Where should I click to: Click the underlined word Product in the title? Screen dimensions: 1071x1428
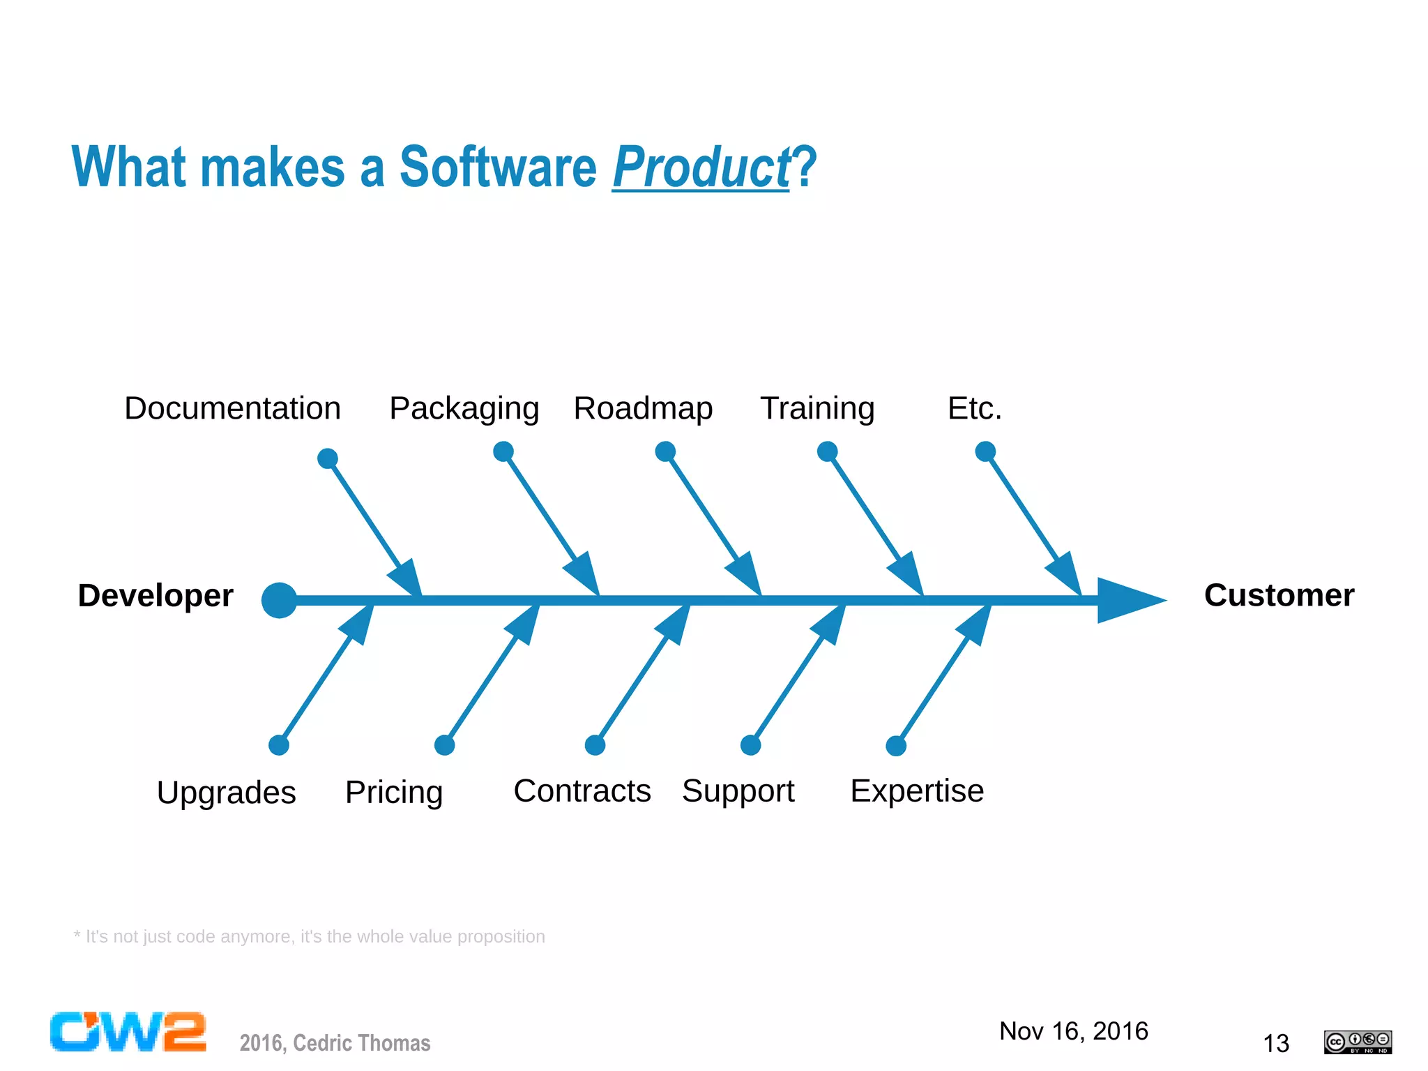point(701,167)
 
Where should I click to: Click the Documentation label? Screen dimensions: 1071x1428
point(232,408)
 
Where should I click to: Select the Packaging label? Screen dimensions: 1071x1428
point(464,409)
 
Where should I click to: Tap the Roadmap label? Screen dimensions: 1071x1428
point(643,408)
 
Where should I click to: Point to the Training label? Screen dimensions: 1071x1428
point(817,409)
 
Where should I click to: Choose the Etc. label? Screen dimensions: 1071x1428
point(974,408)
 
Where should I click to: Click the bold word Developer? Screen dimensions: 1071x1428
point(155,596)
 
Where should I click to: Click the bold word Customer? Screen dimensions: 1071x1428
point(1279,595)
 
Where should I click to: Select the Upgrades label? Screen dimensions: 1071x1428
point(227,793)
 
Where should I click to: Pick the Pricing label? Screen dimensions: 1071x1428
point(394,793)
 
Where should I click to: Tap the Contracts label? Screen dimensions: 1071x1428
point(582,791)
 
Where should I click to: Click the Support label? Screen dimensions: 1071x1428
point(738,791)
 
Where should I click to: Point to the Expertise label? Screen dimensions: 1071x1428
point(917,791)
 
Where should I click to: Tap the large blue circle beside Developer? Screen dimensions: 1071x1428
point(280,600)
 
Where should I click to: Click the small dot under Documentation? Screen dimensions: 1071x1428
point(328,458)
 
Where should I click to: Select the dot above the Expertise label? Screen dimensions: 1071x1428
point(896,746)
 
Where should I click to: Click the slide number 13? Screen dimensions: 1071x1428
point(1276,1044)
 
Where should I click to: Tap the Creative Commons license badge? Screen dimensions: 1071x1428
point(1358,1042)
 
